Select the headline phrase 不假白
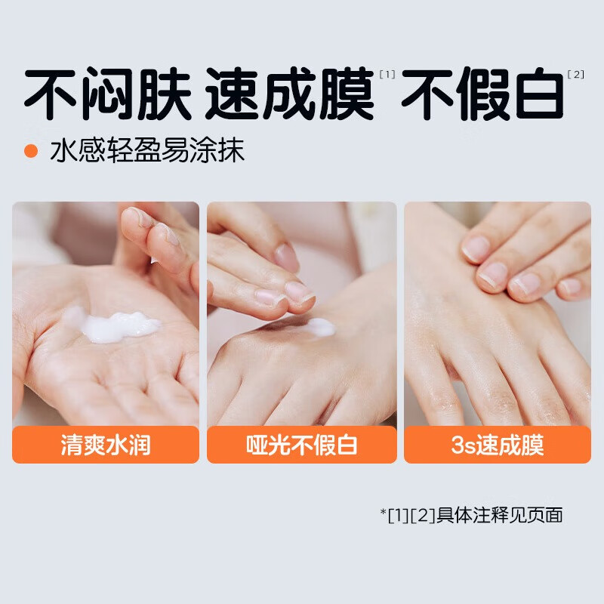(x=482, y=95)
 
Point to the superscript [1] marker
(x=387, y=74)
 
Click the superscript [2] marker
(x=575, y=74)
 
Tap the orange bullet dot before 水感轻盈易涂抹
(x=31, y=151)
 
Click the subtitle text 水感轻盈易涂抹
(x=147, y=151)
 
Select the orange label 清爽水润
(x=106, y=445)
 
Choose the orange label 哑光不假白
(x=301, y=445)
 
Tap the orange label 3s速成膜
(x=498, y=445)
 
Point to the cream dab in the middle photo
(x=321, y=327)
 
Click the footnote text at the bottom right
(x=472, y=516)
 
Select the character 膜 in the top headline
(x=347, y=95)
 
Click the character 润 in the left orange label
(x=140, y=445)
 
